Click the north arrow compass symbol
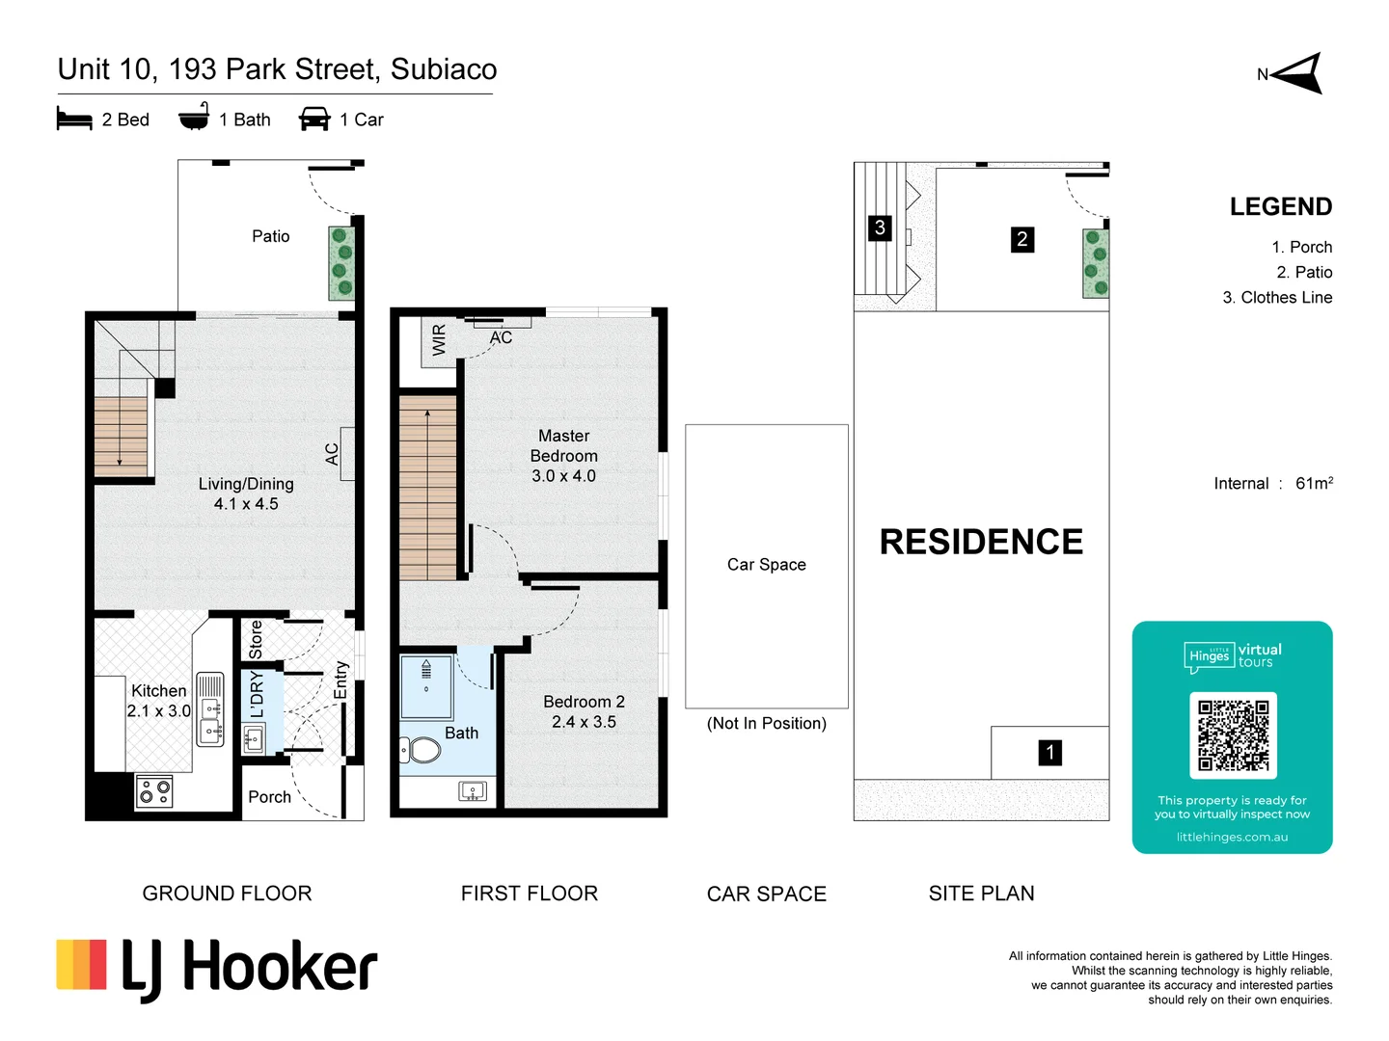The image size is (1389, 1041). coord(1297,74)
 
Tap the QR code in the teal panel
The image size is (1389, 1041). coord(1233,735)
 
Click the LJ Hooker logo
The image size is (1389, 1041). coord(217,969)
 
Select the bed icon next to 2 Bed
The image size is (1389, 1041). coord(74,120)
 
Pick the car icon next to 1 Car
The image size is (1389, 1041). coord(314,120)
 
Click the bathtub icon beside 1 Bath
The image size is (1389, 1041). coord(194,118)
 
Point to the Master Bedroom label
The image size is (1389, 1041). coord(563,446)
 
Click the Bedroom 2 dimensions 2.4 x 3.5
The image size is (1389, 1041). coord(584,722)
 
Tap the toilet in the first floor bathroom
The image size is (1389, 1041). coord(420,749)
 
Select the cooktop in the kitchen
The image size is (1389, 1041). coord(154,791)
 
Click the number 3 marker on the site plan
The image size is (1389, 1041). coord(879,228)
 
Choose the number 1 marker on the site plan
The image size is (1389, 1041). coord(1049,753)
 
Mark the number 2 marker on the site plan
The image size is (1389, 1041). coord(1021,240)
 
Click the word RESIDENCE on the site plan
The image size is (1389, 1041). coord(981,542)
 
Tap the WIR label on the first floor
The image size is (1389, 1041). coord(440,340)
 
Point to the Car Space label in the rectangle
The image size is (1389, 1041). coord(766,565)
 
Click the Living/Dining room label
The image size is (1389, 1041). coord(246,484)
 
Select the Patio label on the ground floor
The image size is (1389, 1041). coord(270,236)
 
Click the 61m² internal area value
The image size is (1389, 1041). coord(1314,483)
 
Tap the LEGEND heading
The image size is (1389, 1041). coord(1280,207)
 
